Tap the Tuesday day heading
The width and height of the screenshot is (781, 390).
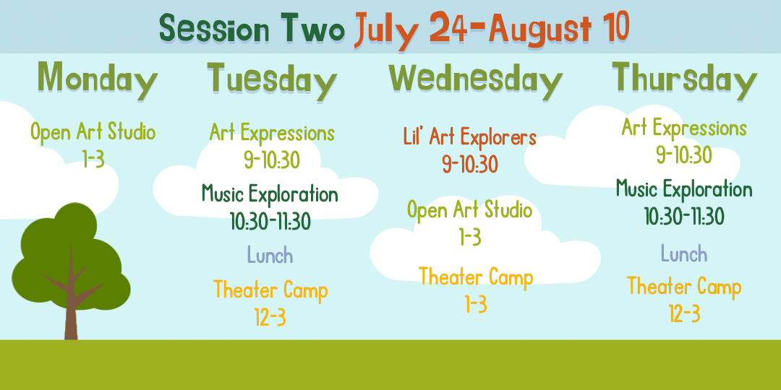[x=272, y=79]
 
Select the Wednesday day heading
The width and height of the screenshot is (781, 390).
[x=476, y=79]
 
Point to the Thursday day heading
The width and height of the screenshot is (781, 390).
[x=684, y=79]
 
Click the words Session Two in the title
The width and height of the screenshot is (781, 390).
[x=252, y=28]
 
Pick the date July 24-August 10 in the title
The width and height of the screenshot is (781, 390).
[x=492, y=28]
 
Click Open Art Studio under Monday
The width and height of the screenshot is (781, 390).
[x=93, y=133]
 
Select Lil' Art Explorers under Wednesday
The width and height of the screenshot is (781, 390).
[x=470, y=136]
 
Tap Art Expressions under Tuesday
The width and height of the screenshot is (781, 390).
[x=272, y=133]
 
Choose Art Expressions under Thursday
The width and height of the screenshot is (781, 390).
[x=684, y=129]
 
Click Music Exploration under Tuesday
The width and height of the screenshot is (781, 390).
[x=270, y=194]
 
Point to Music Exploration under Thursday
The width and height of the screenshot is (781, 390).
[x=684, y=189]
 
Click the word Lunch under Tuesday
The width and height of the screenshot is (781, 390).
[x=270, y=256]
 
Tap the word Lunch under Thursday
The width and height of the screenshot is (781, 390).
[x=684, y=253]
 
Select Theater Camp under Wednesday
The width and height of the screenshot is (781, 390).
[x=476, y=277]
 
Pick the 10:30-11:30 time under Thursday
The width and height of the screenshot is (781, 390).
[x=684, y=217]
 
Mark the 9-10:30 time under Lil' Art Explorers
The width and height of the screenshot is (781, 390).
[x=470, y=164]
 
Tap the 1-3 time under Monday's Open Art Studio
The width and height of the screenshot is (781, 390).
[x=93, y=160]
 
